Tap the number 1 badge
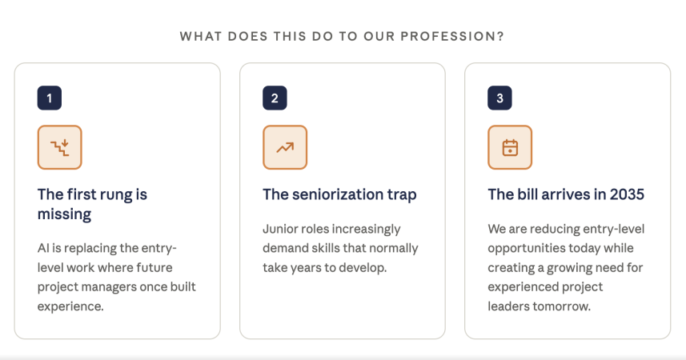coord(50,98)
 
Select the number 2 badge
coord(275,98)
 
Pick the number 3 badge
coord(499,98)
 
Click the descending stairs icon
coord(59,147)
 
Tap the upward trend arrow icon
coord(285,147)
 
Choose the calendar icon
coord(510,147)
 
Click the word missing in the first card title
coord(64,214)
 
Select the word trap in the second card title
coord(402,195)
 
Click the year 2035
coord(627,194)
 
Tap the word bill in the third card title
coord(527,194)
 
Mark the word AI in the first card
coord(43,248)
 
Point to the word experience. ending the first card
coord(70,306)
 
